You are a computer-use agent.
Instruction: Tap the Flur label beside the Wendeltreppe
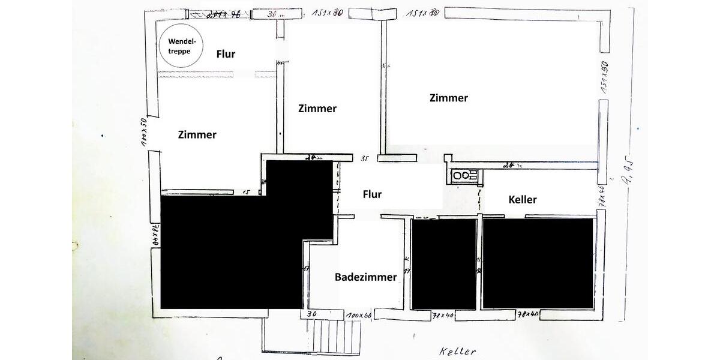point(226,54)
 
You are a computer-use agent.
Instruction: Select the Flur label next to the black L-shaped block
point(372,194)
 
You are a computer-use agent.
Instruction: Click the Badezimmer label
point(365,277)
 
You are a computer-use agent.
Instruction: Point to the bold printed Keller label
point(522,199)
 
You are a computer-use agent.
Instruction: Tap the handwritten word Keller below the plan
point(457,352)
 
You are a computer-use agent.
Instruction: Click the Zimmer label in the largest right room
point(449,98)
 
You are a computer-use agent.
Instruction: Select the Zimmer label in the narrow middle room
point(317,109)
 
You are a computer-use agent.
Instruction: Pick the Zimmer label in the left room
point(197,134)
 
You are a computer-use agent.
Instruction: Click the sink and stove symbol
point(465,175)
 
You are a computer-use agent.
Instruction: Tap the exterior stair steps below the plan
point(334,338)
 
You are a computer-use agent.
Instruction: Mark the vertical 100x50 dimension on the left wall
point(144,133)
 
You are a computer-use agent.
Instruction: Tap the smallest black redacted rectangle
point(445,264)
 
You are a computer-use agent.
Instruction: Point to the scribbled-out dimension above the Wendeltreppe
point(223,15)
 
